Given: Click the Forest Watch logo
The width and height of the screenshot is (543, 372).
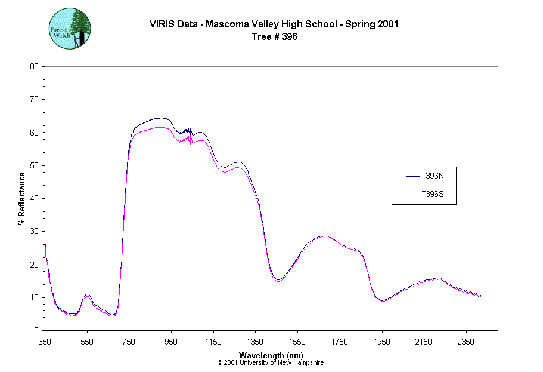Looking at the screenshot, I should pos(69,29).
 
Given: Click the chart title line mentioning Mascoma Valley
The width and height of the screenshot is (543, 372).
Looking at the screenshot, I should pos(274,24).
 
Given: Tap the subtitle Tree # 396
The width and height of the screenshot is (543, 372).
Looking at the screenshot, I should pos(274,36).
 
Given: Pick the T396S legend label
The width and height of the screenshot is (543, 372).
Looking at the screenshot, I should pos(433,194).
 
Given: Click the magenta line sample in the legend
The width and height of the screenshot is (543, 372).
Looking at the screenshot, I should pos(413,194).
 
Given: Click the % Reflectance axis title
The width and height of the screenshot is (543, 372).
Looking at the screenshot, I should pos(22,198).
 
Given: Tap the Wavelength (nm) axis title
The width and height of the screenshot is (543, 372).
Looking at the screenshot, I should pos(271,355).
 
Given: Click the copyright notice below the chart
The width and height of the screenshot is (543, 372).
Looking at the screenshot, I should pos(271,362).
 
